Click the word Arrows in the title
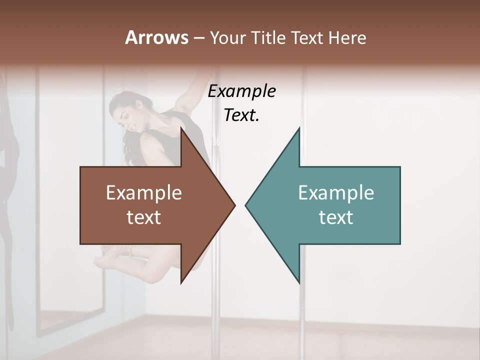(x=156, y=37)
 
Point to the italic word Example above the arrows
(x=242, y=91)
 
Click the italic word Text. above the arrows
(x=242, y=115)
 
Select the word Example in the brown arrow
(x=144, y=192)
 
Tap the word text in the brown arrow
(x=144, y=217)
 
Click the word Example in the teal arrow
(x=336, y=192)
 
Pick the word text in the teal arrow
(x=336, y=217)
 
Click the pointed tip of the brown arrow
(x=234, y=205)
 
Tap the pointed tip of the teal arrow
(x=246, y=205)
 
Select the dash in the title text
(x=198, y=38)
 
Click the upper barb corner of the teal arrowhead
(x=299, y=129)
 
